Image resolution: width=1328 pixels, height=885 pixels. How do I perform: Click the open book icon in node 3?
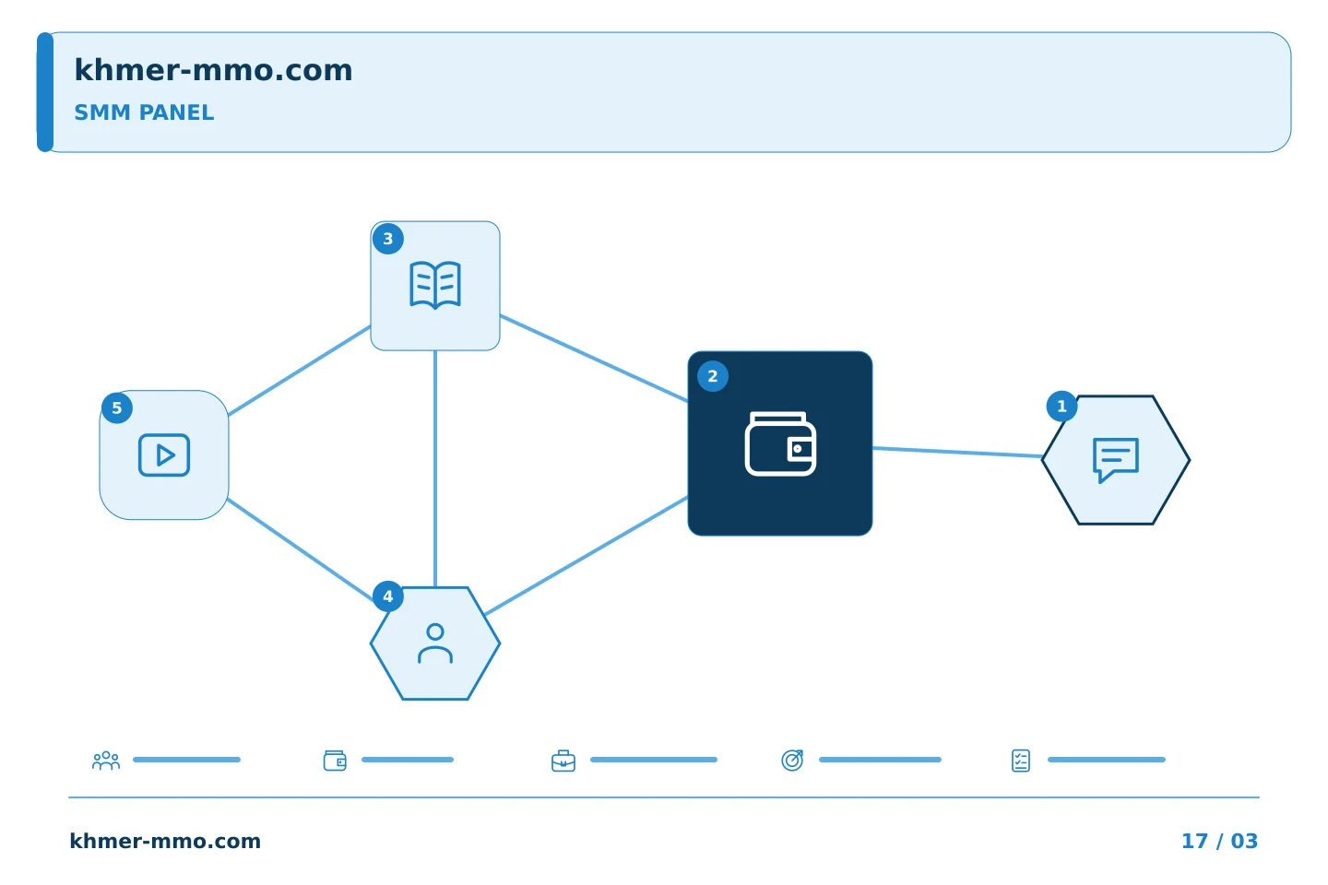coord(435,285)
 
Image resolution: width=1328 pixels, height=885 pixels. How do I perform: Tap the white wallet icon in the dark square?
coord(780,443)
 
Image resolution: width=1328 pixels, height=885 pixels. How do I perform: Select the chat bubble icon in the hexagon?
coord(1116,460)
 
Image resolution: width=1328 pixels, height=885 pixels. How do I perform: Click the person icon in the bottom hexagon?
coord(435,643)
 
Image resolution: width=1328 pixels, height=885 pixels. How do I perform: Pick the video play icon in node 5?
coord(164,455)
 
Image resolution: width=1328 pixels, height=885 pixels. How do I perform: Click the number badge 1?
coord(1061,406)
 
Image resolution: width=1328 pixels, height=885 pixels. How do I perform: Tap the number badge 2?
coord(713,376)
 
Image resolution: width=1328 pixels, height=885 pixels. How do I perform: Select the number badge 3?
coord(388,238)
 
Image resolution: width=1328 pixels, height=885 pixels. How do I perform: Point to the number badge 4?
coord(388,596)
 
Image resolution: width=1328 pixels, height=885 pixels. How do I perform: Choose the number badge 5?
coord(117,407)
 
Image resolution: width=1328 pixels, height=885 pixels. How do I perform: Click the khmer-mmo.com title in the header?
coord(213,70)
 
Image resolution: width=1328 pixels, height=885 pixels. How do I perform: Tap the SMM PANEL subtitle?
coord(144,112)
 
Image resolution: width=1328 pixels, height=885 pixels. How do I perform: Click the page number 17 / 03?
coord(1219,841)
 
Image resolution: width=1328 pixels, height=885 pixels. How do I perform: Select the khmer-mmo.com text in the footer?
coord(165,841)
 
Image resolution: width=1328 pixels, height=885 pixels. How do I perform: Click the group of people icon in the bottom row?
coord(106,761)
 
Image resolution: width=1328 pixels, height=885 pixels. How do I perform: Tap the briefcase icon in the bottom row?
coord(563,761)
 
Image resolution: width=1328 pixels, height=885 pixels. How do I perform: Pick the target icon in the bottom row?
coord(792,761)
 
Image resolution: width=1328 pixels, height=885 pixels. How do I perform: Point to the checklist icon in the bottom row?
coord(1021,761)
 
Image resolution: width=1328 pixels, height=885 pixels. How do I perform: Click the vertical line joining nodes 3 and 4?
coord(435,469)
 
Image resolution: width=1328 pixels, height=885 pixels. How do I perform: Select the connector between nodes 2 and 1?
coord(957,453)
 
